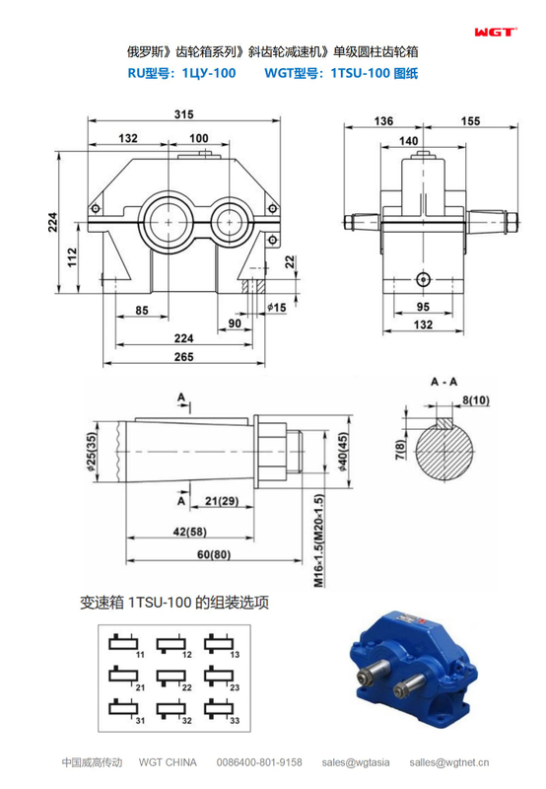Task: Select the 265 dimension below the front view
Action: pyautogui.click(x=183, y=356)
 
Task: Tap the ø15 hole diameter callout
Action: pyautogui.click(x=277, y=308)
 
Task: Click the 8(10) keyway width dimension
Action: pyautogui.click(x=476, y=399)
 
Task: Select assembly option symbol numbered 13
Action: pyautogui.click(x=221, y=645)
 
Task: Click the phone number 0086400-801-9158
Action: pyautogui.click(x=259, y=762)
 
